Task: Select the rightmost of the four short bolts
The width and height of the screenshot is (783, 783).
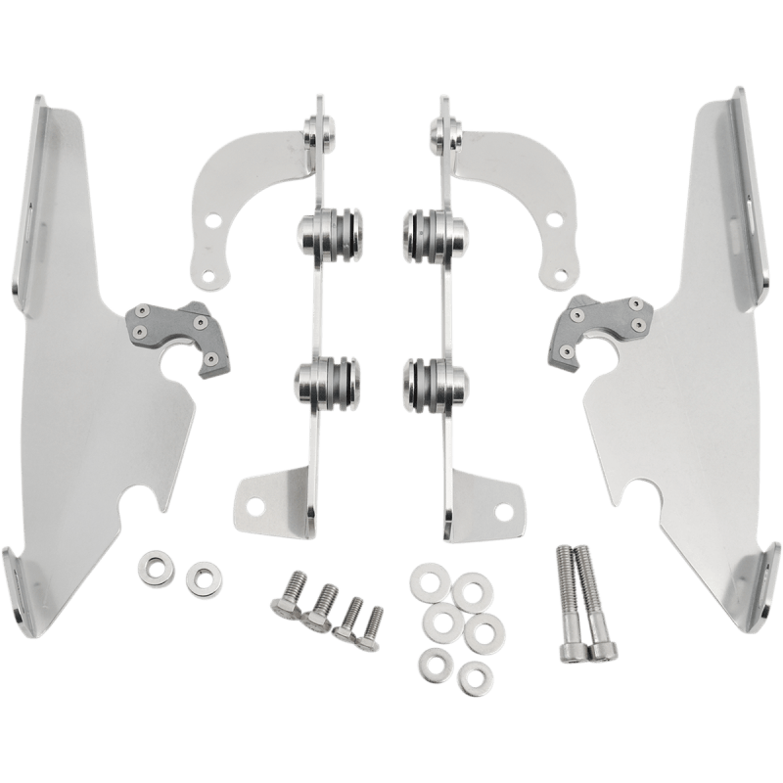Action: pyautogui.click(x=373, y=622)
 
